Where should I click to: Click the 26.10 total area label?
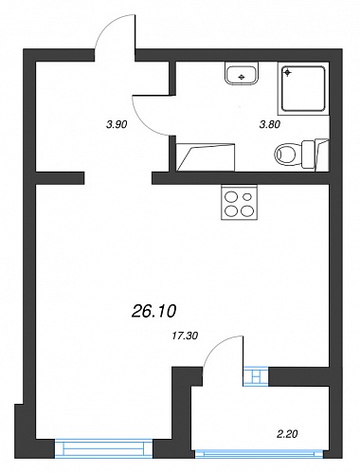(153, 312)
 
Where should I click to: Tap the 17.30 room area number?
(185, 336)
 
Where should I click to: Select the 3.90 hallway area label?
(117, 125)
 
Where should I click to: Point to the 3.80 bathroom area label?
(270, 125)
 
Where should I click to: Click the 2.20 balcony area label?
(287, 434)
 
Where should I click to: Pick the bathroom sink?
(243, 73)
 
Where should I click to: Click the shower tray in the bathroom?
(303, 88)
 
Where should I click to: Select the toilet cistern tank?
(309, 155)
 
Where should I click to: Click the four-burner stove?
(240, 203)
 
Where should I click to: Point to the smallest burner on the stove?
(248, 196)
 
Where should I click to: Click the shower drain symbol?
(287, 73)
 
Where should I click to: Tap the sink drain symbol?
(242, 77)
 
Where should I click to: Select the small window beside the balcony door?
(256, 376)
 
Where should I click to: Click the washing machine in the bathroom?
(206, 157)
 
